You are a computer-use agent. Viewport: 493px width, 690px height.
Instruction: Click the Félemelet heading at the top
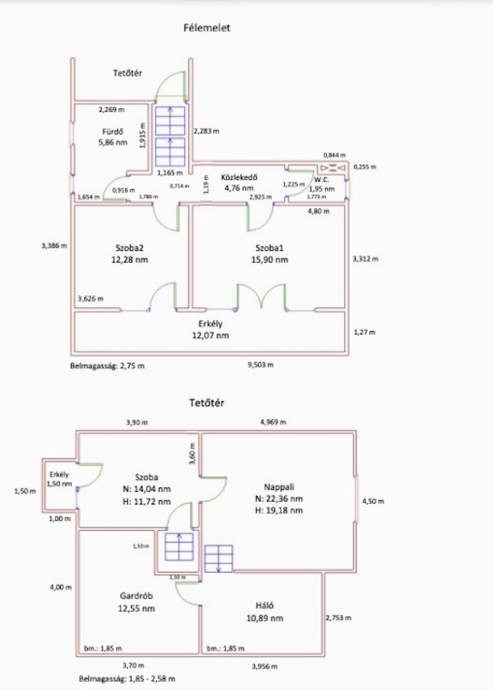tap(207, 28)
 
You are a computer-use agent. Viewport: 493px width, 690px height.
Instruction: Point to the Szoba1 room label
tap(271, 247)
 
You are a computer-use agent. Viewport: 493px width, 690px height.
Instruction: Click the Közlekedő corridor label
tap(238, 178)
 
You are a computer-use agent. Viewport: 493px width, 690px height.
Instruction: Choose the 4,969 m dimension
tap(273, 422)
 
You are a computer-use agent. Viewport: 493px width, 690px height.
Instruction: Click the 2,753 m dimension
tap(339, 617)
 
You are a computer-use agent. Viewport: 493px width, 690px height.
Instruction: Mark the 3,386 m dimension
tap(55, 245)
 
